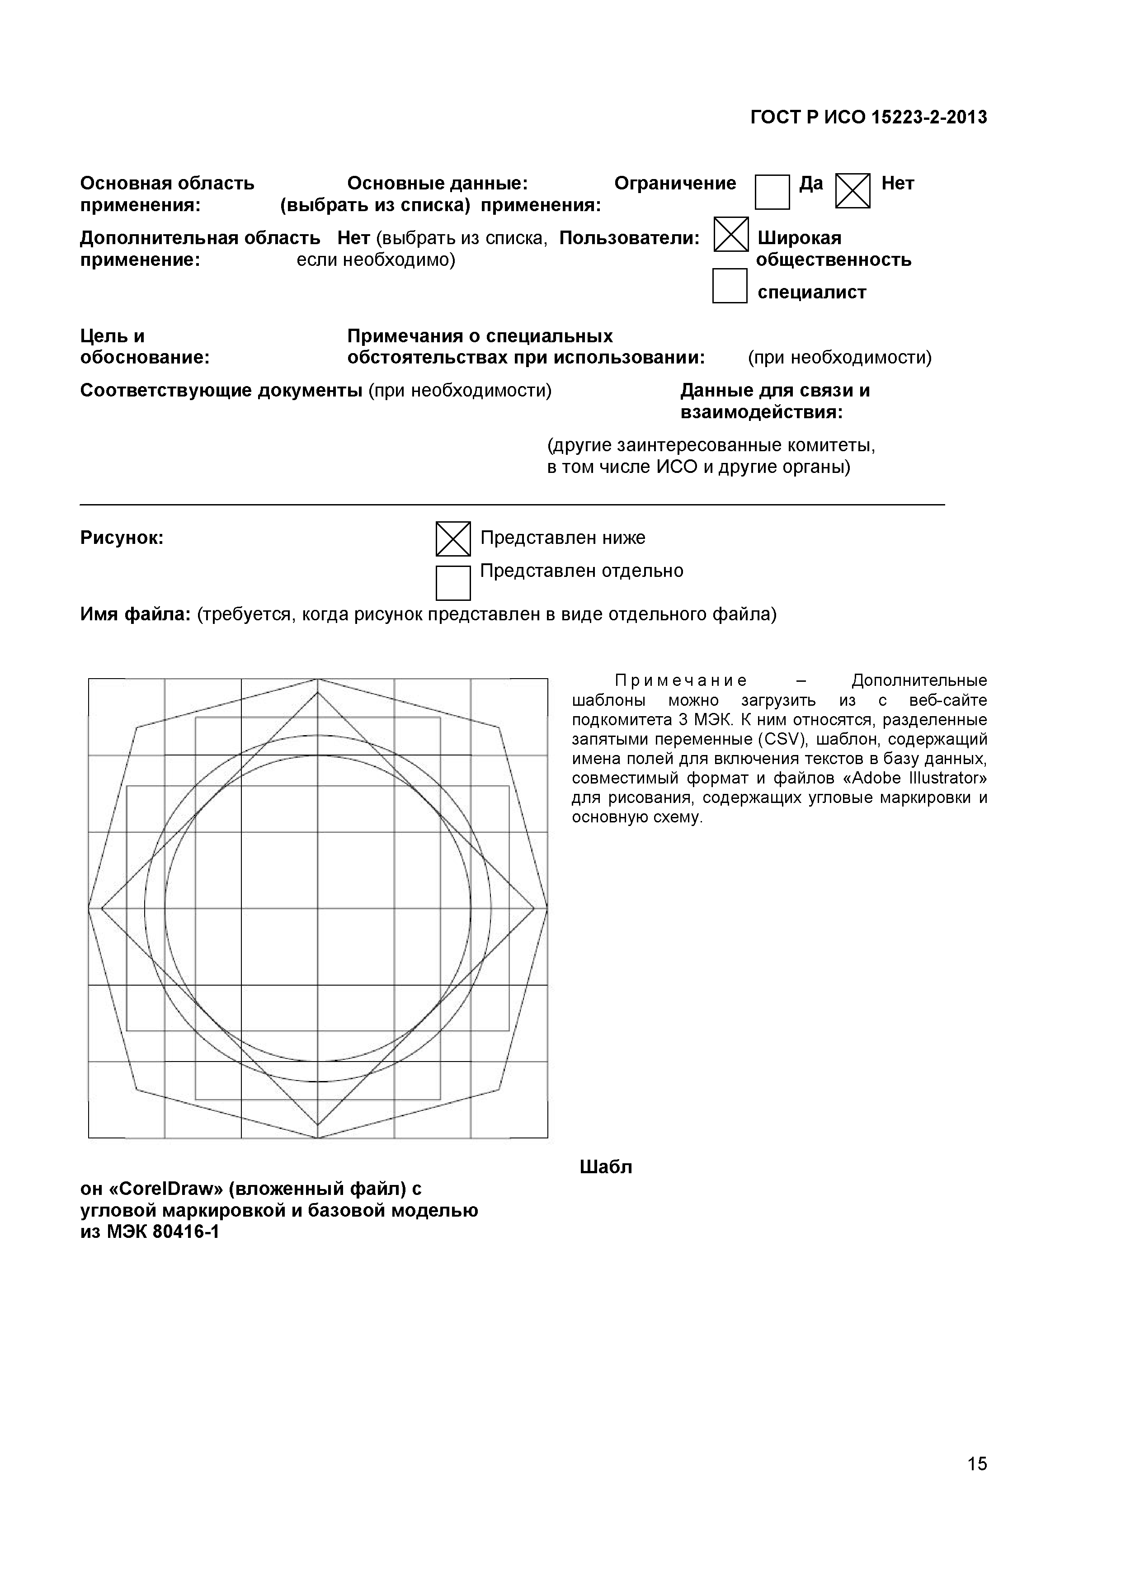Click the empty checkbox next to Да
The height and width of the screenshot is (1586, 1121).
[772, 192]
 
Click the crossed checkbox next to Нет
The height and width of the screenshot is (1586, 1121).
[853, 191]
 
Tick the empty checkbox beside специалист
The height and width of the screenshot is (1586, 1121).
[730, 286]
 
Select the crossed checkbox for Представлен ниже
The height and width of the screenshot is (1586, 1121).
[453, 539]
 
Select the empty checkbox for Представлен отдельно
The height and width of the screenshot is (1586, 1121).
[453, 583]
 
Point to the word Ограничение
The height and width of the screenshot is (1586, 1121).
[675, 183]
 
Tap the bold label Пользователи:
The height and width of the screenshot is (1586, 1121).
[629, 238]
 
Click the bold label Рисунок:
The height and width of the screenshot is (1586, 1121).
[122, 538]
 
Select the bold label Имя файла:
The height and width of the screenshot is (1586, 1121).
[135, 614]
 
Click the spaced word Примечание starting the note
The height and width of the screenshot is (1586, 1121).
[680, 681]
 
